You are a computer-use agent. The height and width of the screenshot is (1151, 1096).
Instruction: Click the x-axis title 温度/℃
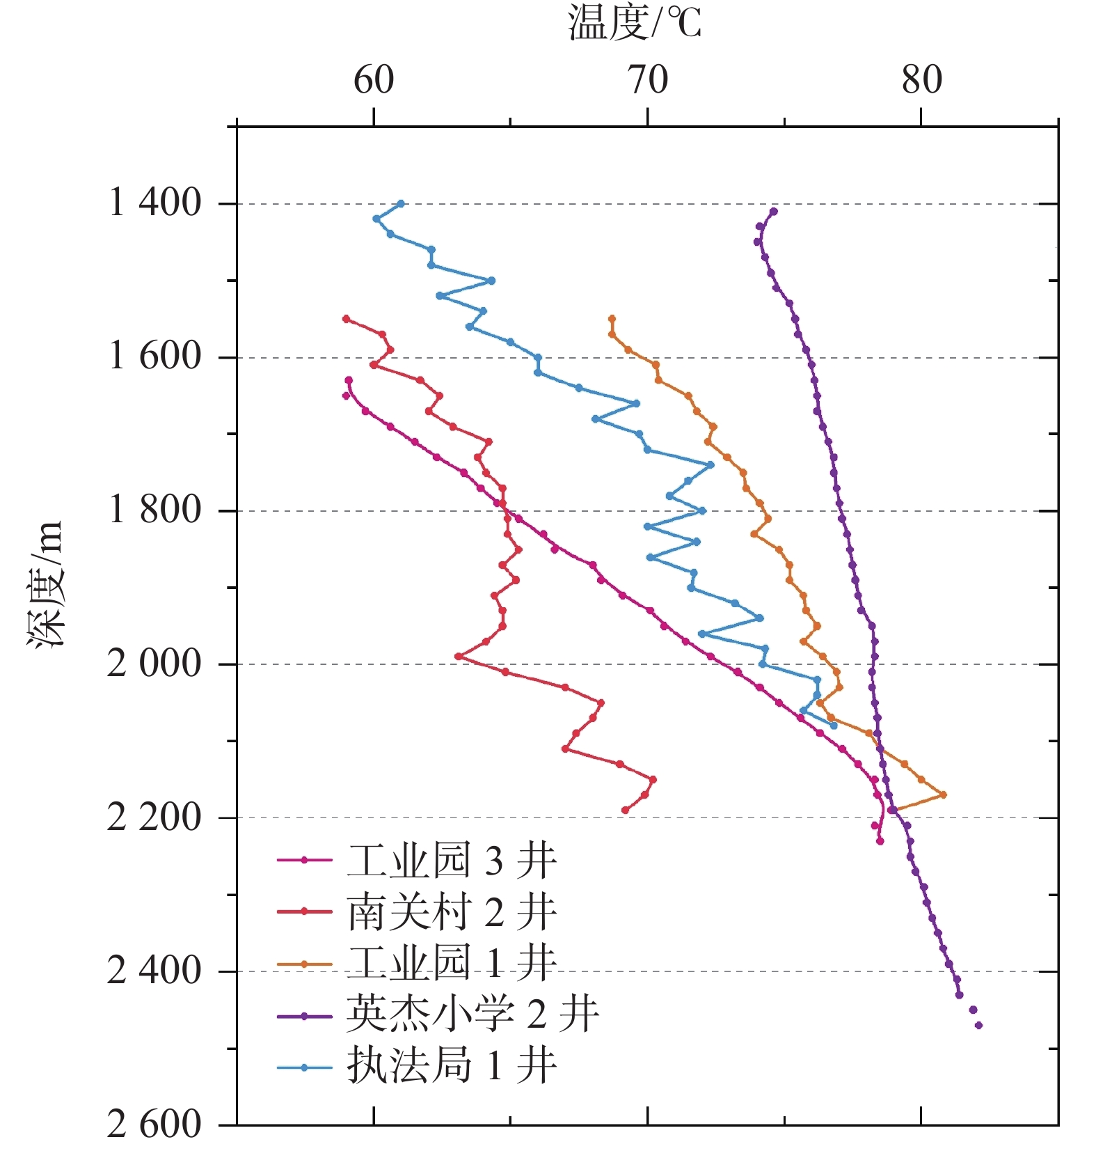pyautogui.click(x=634, y=22)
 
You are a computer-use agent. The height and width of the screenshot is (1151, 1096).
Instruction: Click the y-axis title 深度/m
pyautogui.click(x=46, y=585)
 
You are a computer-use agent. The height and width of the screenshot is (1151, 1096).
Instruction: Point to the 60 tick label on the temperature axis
pyautogui.click(x=374, y=80)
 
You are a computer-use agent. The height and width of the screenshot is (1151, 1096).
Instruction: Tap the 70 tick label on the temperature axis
pyautogui.click(x=648, y=80)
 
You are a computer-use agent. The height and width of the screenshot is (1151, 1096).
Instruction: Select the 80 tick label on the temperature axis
pyautogui.click(x=921, y=80)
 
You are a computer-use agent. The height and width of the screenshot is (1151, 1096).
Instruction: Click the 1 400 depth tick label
pyautogui.click(x=155, y=203)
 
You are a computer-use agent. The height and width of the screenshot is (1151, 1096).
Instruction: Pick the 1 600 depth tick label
pyautogui.click(x=155, y=357)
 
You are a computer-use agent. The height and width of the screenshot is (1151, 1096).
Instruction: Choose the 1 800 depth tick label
pyautogui.click(x=155, y=510)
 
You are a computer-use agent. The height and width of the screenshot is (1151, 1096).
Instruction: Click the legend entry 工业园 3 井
pyautogui.click(x=452, y=861)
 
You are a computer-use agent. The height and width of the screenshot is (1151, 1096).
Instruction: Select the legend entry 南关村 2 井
pyautogui.click(x=452, y=912)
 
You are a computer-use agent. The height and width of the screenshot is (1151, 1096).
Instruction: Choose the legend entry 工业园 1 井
pyautogui.click(x=452, y=964)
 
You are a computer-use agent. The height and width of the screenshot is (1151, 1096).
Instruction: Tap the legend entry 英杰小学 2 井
pyautogui.click(x=472, y=1015)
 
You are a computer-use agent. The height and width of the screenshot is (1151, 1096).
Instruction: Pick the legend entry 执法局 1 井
pyautogui.click(x=452, y=1066)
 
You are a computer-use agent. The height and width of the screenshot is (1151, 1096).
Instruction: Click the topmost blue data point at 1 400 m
pyautogui.click(x=401, y=203)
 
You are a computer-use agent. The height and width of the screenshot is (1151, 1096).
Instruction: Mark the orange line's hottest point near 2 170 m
pyautogui.click(x=943, y=794)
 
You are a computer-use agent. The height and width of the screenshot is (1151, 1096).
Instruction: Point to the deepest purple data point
pyautogui.click(x=978, y=1025)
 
